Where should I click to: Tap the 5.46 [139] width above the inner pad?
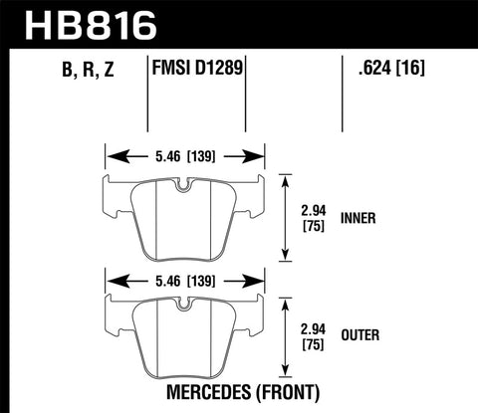186,156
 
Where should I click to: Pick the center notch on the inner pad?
184,186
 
